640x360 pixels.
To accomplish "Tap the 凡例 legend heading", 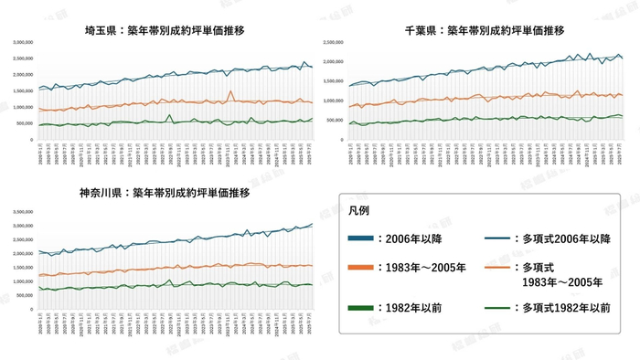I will (x=359, y=211).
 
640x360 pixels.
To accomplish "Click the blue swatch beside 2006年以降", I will (x=367, y=238).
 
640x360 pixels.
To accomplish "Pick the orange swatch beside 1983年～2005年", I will (x=367, y=268).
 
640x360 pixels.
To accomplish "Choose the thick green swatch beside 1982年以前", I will (x=367, y=308).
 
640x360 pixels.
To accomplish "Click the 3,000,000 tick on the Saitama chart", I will (x=19, y=43).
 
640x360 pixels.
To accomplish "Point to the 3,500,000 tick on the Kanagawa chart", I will (x=19, y=212).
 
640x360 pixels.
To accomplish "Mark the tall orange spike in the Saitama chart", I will (x=231, y=91).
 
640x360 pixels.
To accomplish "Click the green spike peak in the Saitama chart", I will (x=170, y=115).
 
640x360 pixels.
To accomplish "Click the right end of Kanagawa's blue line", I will (x=312, y=224).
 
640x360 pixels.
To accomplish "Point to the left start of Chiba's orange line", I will (x=351, y=106).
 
